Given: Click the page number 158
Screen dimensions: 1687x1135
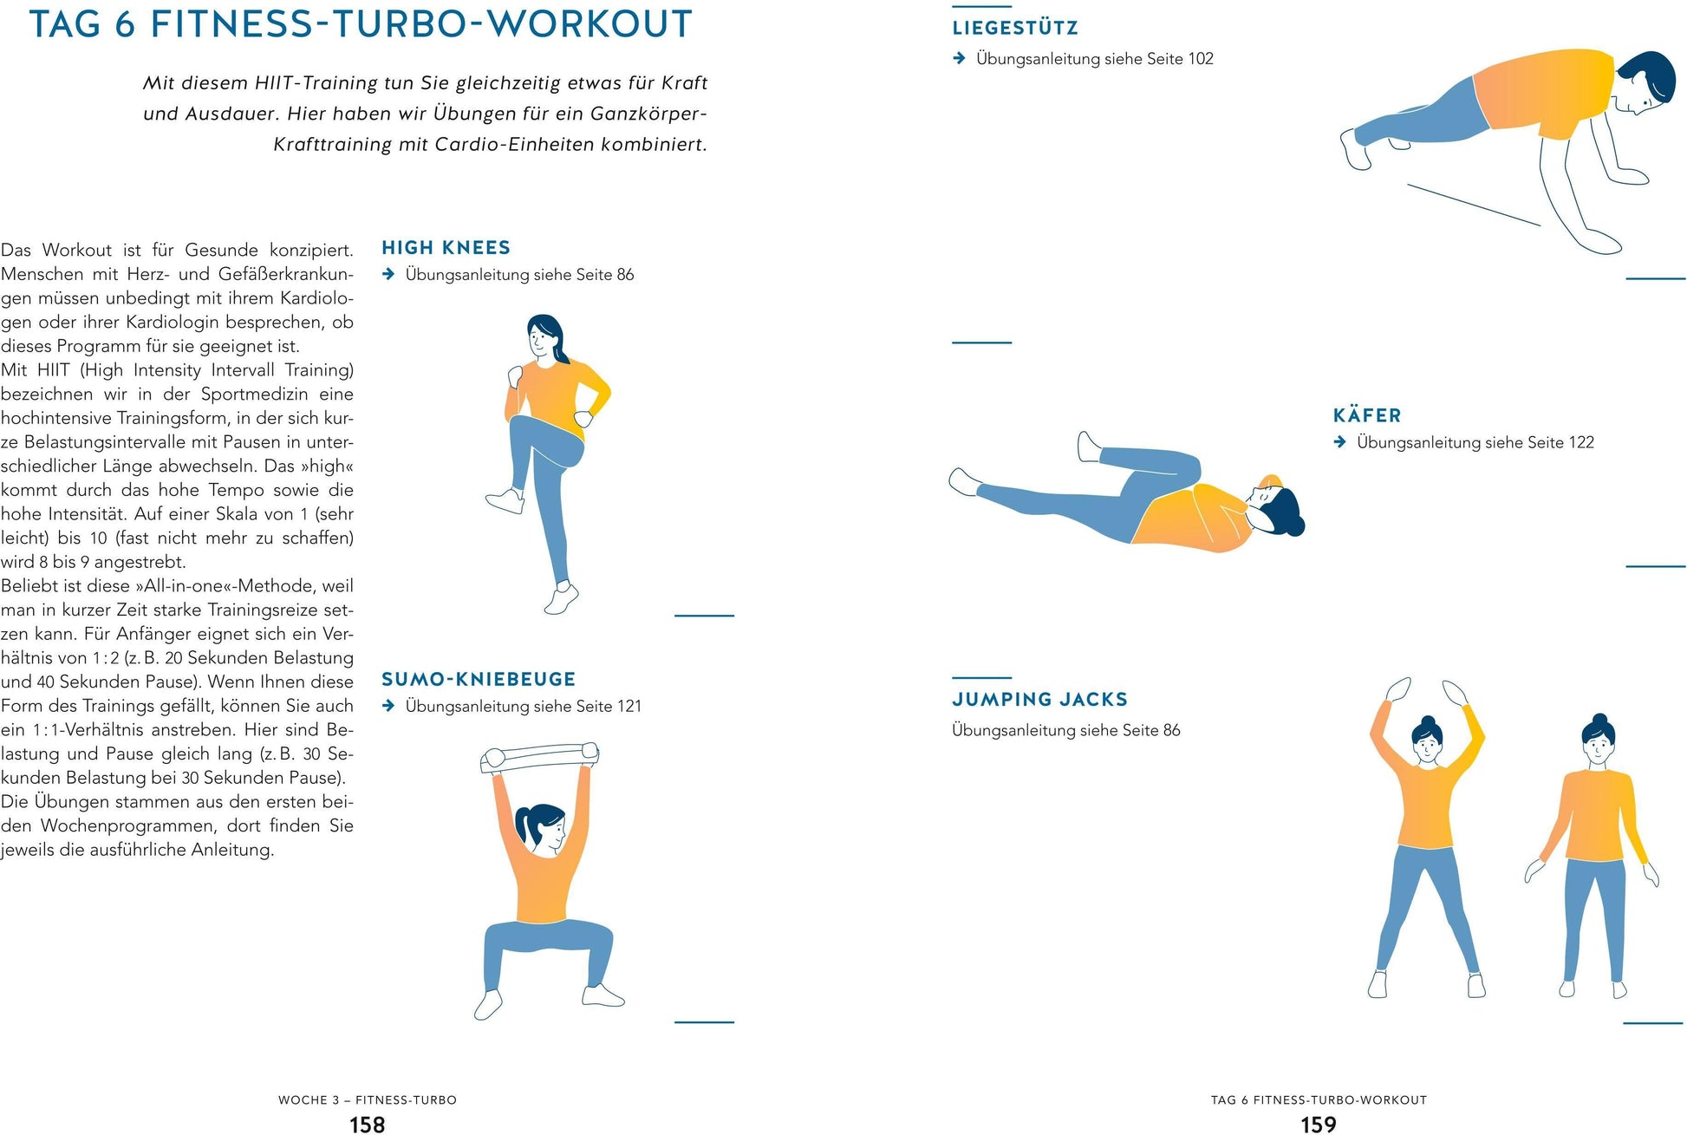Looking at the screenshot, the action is pos(367,1124).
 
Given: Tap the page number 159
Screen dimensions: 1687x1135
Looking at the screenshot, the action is pos(1319,1124).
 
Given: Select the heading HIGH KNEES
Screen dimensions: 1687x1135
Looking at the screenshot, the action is pos(446,248).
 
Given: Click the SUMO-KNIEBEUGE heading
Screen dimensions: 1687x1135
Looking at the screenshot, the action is pos(479,679).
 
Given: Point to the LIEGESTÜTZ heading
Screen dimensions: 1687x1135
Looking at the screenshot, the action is pos(1015,28).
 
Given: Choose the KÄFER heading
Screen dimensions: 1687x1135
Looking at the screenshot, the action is pos(1367,415).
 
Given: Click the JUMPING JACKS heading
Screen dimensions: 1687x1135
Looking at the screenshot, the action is pos(1040,699).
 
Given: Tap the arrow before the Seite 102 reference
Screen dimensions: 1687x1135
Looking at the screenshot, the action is pos(959,58).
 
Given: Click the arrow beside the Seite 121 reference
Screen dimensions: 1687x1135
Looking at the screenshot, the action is pos(388,706).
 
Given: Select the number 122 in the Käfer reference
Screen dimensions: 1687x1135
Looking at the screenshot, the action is pos(1581,442).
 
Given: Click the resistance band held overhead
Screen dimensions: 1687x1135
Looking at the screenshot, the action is pos(540,757).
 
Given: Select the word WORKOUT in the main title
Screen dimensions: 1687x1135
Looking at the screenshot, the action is pos(589,24).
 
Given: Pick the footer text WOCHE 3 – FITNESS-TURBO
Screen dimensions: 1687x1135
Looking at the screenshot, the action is pos(368,1099).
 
